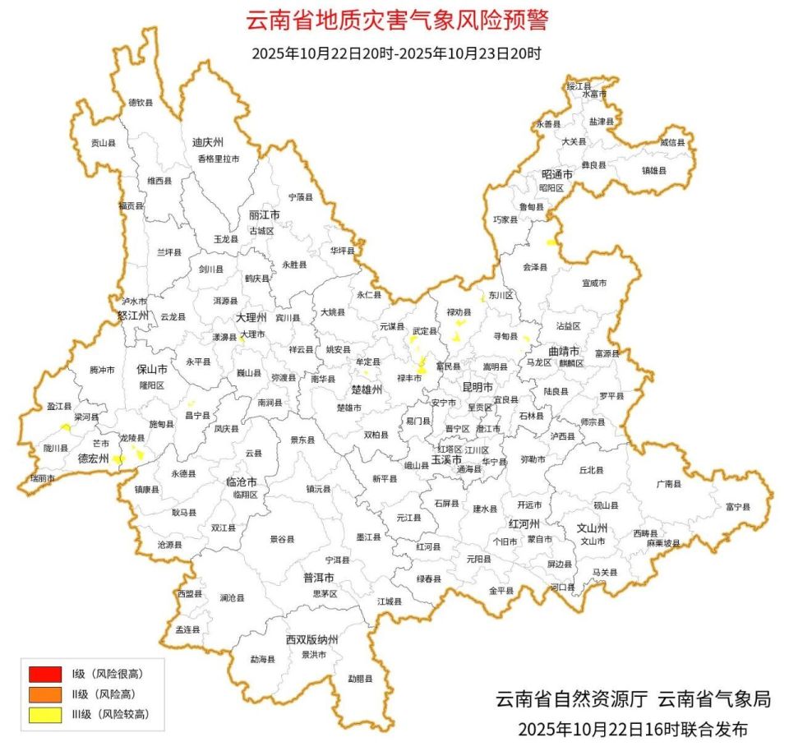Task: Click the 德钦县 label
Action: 141,103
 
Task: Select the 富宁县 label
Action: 737,507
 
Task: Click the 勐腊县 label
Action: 360,679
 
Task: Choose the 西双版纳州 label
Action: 312,639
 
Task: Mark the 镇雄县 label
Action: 654,170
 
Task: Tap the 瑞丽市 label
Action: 42,478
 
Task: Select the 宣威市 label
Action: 593,283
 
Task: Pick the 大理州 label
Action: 251,317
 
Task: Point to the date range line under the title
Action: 397,54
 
